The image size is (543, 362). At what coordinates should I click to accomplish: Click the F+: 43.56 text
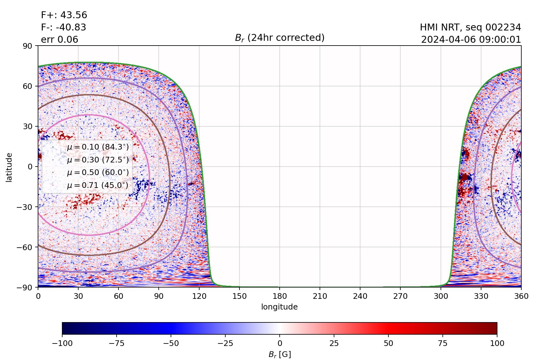point(64,15)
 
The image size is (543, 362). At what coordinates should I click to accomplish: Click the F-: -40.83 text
point(63,27)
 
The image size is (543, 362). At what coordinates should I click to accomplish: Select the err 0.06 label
point(59,40)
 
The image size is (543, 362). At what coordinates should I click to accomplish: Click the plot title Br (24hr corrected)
point(279,38)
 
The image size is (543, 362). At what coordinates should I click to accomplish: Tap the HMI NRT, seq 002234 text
point(470,27)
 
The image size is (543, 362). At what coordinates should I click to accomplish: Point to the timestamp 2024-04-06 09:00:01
point(471,40)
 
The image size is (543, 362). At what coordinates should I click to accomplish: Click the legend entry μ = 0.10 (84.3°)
point(97,147)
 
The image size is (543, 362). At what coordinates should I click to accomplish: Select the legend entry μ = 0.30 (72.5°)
point(97,160)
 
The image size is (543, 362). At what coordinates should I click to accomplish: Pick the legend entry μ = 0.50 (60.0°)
point(97,173)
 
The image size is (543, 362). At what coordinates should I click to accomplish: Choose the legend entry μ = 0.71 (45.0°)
point(97,185)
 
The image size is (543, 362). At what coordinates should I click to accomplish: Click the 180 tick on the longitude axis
point(279,296)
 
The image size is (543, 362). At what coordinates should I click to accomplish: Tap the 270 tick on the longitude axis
point(400,296)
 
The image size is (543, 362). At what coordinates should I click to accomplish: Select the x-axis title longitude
point(279,307)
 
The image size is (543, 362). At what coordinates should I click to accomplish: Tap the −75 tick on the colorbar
point(116,343)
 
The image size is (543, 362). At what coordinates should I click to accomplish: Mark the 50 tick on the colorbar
point(388,343)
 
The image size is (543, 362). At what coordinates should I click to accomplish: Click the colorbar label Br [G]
point(279,354)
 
